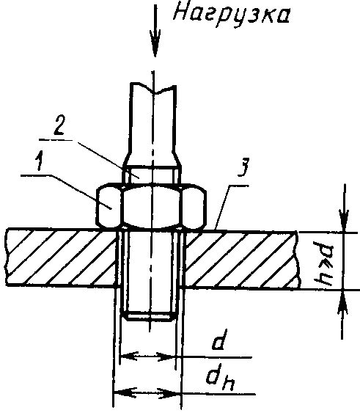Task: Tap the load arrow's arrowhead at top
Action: point(155,43)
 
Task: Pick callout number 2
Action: point(59,125)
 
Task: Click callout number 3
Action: point(243,167)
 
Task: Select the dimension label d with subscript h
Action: point(221,380)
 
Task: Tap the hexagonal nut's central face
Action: point(152,205)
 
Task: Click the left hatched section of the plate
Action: point(61,257)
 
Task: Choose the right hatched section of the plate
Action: point(242,260)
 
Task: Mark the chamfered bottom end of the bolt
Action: point(150,315)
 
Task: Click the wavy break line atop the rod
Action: point(153,89)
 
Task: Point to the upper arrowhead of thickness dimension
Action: point(344,221)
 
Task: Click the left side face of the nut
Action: point(109,205)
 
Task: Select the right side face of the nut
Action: point(194,206)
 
